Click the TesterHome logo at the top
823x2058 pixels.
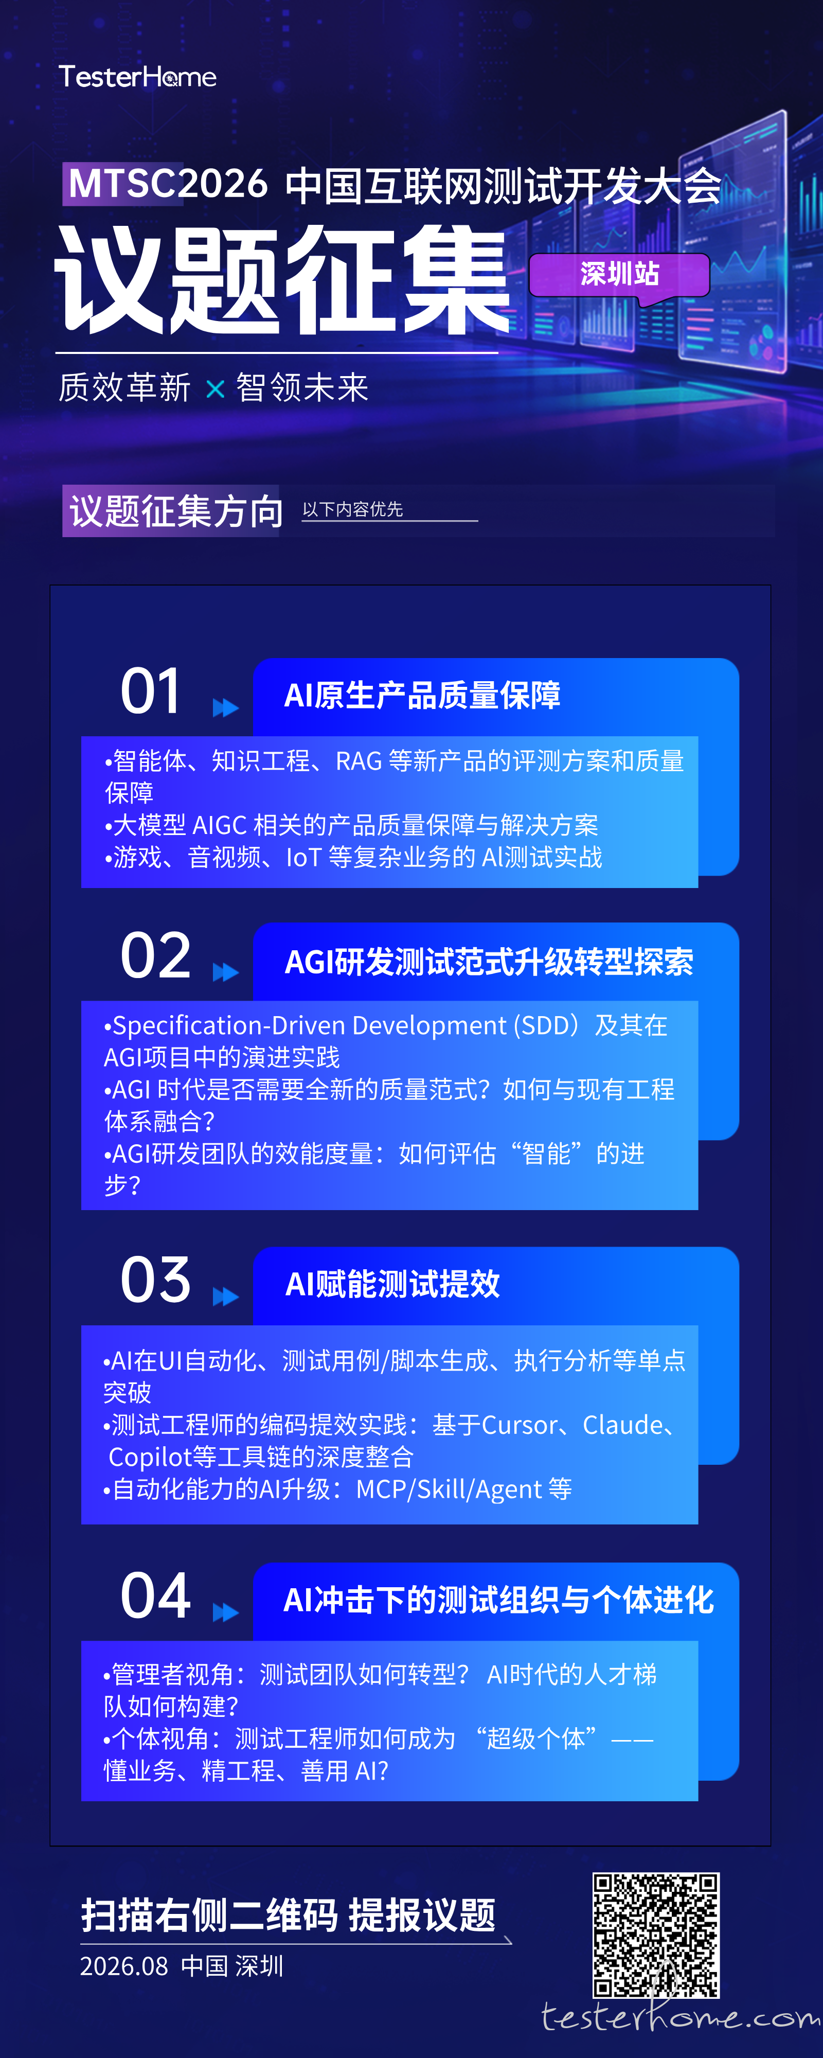click(137, 77)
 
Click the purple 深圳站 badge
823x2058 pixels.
click(619, 275)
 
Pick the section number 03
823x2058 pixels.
click(156, 1280)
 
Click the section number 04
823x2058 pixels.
click(156, 1595)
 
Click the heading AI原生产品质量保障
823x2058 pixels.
click(423, 695)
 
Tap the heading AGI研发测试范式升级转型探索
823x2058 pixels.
click(489, 962)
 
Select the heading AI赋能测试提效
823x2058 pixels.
click(392, 1284)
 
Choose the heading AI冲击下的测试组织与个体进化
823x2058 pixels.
click(498, 1600)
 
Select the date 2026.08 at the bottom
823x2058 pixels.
click(124, 1966)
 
